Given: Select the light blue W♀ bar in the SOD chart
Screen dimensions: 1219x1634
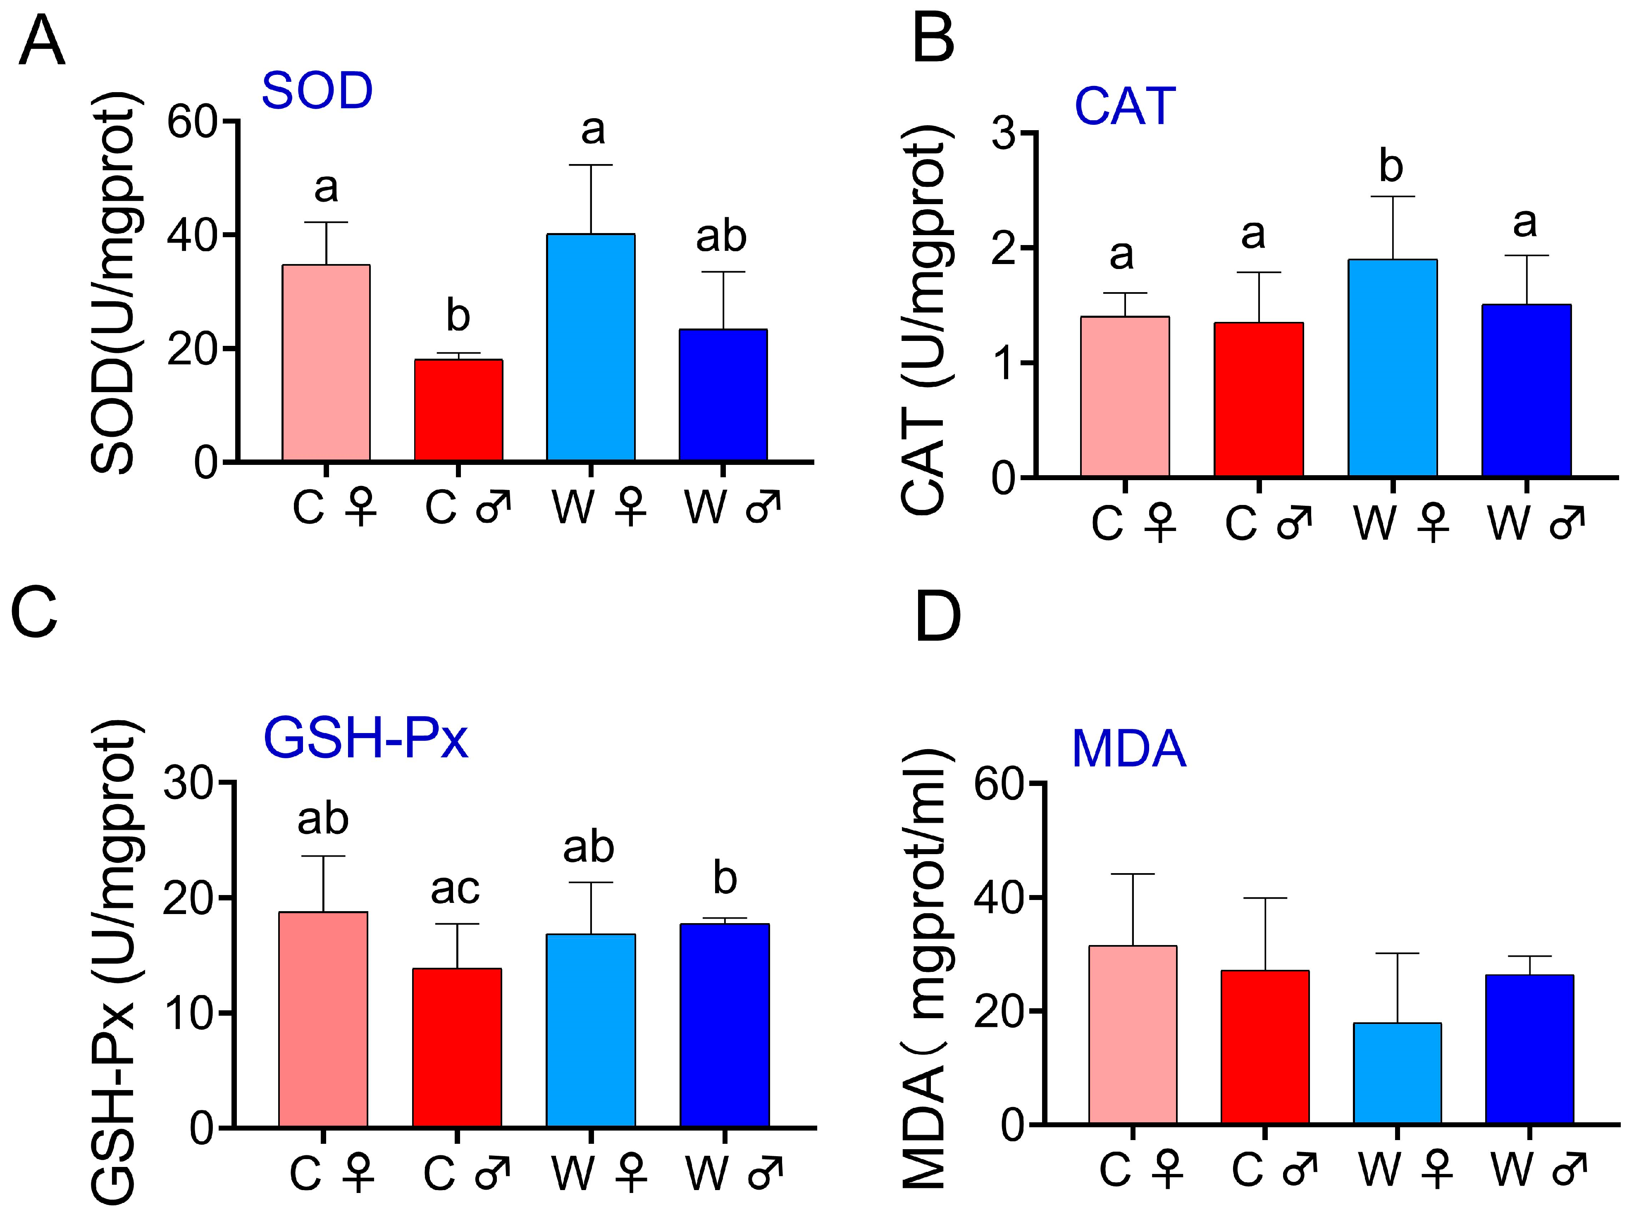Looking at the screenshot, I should point(590,347).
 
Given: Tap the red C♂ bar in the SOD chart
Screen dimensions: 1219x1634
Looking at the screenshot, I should point(458,410).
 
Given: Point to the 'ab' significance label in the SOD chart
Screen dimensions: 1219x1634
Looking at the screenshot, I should point(720,237).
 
